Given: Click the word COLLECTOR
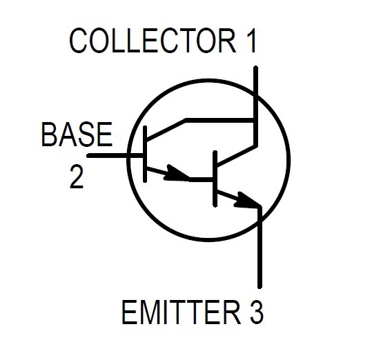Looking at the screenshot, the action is (x=153, y=41).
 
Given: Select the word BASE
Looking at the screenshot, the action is (x=77, y=134).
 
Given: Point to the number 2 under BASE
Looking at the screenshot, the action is (x=77, y=177).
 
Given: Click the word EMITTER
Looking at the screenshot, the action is (x=182, y=312).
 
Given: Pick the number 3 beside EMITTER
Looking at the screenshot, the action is (x=256, y=312).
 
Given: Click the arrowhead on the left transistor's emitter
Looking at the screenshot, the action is (x=177, y=173).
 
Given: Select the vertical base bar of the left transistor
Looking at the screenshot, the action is (x=145, y=154).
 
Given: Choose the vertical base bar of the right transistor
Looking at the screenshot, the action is (x=215, y=179).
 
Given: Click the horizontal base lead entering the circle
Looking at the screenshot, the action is (x=115, y=156).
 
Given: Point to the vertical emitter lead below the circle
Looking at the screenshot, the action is (x=260, y=248).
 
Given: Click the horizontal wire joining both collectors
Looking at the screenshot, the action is (x=220, y=120).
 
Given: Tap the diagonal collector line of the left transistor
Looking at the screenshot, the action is (x=165, y=130).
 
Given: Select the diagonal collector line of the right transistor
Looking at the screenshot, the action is (x=236, y=156).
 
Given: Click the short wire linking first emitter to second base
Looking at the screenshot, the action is (x=202, y=179).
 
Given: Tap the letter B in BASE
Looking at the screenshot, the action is (x=49, y=134).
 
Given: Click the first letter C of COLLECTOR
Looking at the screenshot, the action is (x=78, y=41).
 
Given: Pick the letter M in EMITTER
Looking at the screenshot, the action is (x=151, y=312).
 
